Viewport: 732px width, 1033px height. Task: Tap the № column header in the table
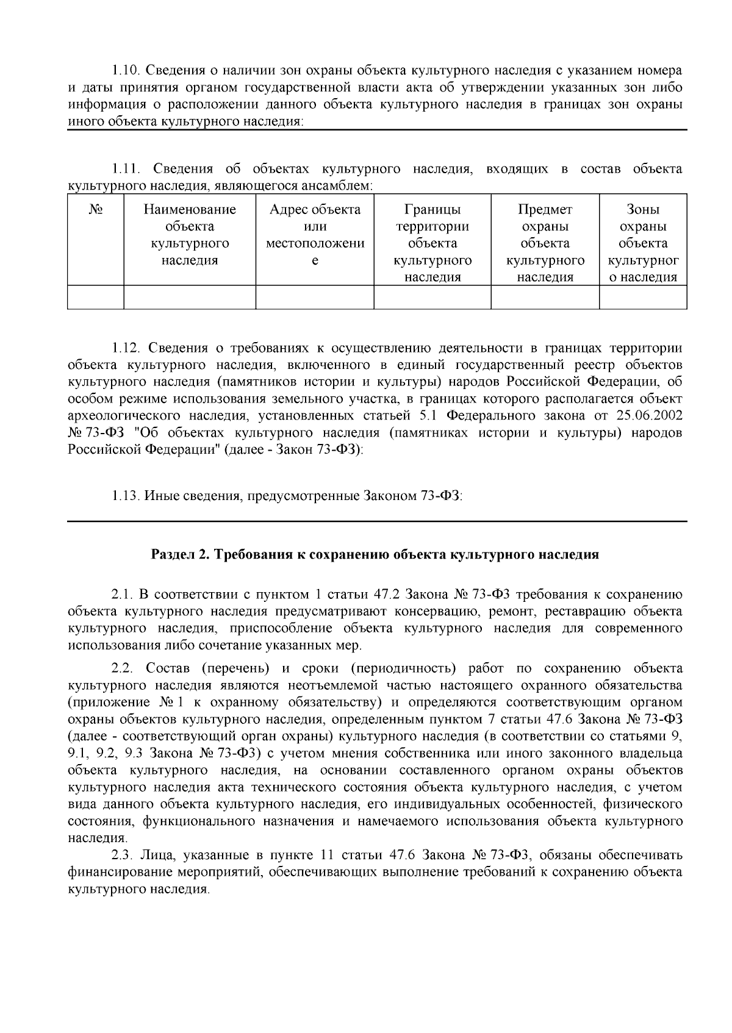click(x=95, y=210)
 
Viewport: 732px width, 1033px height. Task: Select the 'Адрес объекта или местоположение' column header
click(x=315, y=235)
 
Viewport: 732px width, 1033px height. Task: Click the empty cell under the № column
click(x=95, y=297)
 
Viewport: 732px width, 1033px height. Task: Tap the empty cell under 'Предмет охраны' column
click(x=545, y=297)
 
